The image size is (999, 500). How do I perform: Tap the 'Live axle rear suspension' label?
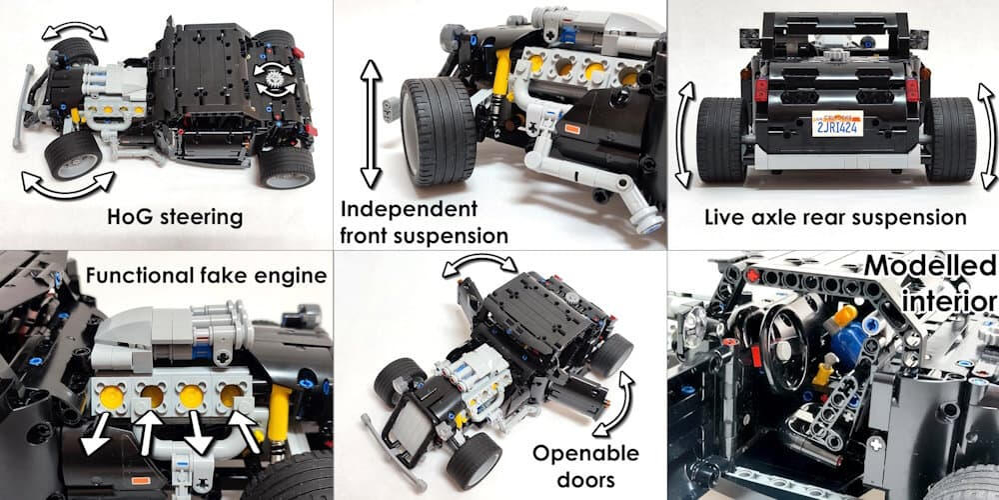tap(834, 217)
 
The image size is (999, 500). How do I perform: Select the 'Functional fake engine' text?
tap(207, 274)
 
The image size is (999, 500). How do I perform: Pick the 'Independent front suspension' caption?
tap(425, 223)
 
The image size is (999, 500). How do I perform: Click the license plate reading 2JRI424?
tap(835, 127)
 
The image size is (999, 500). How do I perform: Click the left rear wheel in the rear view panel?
tap(719, 139)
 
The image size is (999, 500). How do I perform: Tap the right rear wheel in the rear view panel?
tap(949, 139)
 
